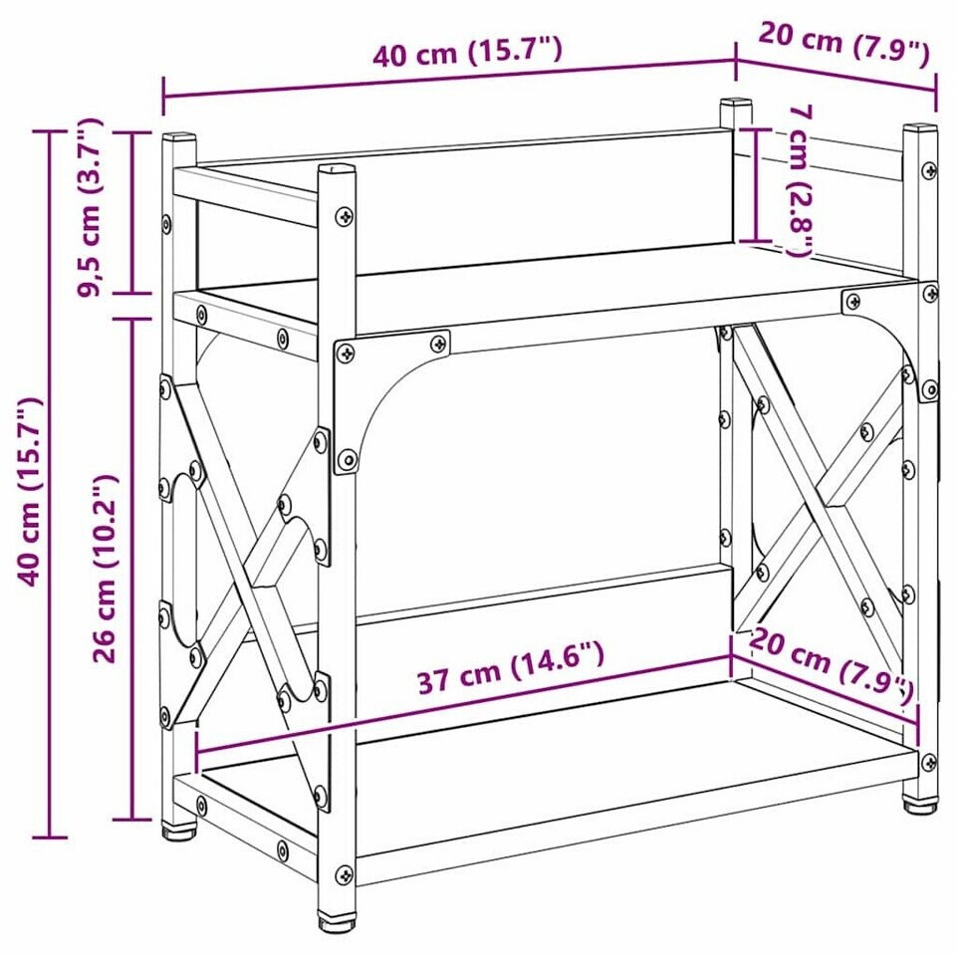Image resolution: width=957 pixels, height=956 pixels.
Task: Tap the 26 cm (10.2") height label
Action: pyautogui.click(x=104, y=568)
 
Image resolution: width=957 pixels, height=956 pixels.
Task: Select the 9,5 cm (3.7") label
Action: pyautogui.click(x=91, y=206)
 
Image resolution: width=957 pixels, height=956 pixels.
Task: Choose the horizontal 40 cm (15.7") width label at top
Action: pyautogui.click(x=467, y=51)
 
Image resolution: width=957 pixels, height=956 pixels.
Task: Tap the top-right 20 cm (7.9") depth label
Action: pyautogui.click(x=844, y=43)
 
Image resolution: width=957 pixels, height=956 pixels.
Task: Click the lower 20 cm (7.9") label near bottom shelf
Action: pyautogui.click(x=831, y=665)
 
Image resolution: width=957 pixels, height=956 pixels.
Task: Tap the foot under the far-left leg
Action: pyautogui.click(x=178, y=831)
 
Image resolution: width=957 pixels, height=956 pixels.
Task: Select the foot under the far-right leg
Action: pyautogui.click(x=920, y=806)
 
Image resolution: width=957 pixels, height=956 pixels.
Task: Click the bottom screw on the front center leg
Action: pyautogui.click(x=345, y=875)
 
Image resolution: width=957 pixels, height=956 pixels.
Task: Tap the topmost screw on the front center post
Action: pyautogui.click(x=345, y=215)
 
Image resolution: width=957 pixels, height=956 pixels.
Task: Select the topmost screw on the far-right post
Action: pyautogui.click(x=929, y=170)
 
